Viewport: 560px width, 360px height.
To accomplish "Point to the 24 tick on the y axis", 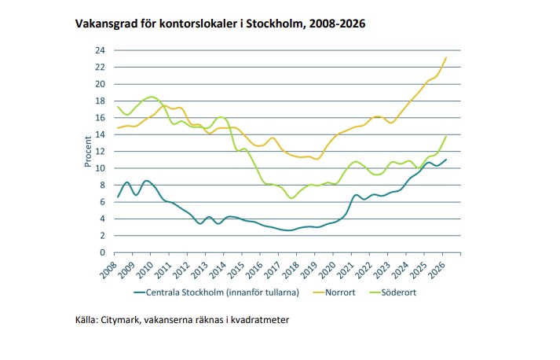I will point(101,50).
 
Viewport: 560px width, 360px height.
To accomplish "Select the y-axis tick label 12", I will point(101,151).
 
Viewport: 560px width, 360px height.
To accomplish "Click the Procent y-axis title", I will point(88,152).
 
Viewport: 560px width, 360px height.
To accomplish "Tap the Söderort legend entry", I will point(416,292).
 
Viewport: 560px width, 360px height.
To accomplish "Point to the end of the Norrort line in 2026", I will point(446,57).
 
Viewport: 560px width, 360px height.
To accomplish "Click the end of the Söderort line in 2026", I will point(446,136).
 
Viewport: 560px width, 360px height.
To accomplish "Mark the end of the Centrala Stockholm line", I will point(446,160).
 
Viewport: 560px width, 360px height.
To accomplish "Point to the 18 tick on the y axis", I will point(101,101).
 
